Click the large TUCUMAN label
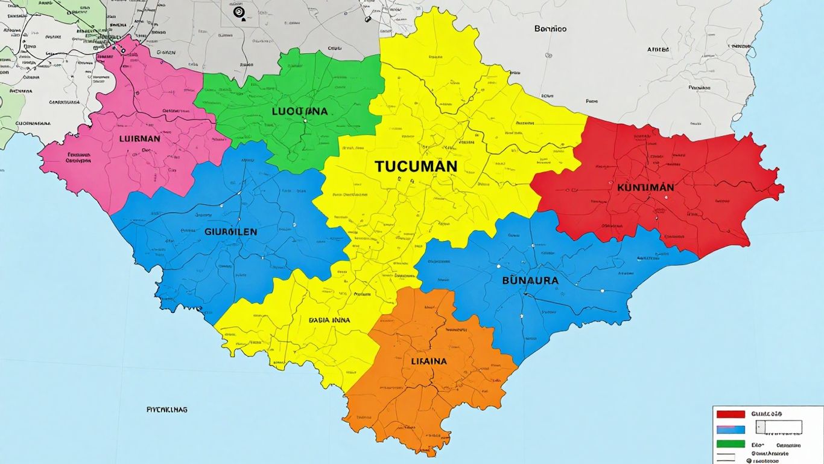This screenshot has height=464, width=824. [416, 167]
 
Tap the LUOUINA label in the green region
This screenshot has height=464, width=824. [299, 111]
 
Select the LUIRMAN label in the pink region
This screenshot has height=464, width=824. [141, 138]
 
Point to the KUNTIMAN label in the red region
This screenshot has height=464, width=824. [645, 187]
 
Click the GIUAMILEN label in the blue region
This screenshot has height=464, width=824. [231, 231]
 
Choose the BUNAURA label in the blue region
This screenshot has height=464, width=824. [530, 280]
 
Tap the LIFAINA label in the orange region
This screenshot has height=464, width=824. [429, 361]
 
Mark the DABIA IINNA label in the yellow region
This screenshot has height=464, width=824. [329, 320]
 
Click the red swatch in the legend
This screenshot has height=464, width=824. [731, 414]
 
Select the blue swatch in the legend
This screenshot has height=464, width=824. [731, 430]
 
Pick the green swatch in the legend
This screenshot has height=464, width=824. [731, 444]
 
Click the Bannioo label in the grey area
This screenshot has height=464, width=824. [550, 28]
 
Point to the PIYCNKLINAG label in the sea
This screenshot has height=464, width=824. [167, 410]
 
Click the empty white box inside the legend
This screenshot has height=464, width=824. [779, 427]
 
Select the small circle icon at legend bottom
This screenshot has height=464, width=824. [749, 460]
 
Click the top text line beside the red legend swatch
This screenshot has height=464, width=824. [767, 414]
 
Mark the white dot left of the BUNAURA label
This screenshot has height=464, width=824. [499, 266]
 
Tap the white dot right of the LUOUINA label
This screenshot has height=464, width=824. [305, 121]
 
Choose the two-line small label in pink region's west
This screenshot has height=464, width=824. [78, 158]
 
